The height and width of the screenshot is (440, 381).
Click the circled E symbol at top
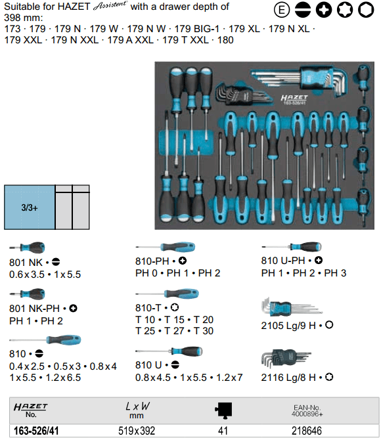[x=282, y=10]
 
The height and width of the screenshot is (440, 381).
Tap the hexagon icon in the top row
[x=366, y=10]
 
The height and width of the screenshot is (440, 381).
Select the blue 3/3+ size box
[x=30, y=208]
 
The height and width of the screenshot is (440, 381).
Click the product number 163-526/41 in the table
[x=36, y=431]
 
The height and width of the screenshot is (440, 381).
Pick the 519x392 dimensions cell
[x=137, y=431]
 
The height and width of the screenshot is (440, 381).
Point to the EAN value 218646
[x=307, y=431]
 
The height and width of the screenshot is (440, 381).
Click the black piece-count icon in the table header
[x=223, y=410]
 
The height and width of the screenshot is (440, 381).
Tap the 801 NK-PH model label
[x=34, y=309]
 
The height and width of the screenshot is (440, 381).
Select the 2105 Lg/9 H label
[x=288, y=326]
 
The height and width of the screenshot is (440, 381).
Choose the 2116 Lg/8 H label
[x=288, y=378]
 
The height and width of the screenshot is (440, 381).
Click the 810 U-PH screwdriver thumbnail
[x=292, y=247]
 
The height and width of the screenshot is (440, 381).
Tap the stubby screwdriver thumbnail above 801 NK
[x=27, y=248]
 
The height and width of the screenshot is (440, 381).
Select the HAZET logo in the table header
[x=31, y=407]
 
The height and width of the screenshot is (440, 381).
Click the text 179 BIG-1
[x=197, y=29]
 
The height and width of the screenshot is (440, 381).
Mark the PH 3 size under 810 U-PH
[x=335, y=273]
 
